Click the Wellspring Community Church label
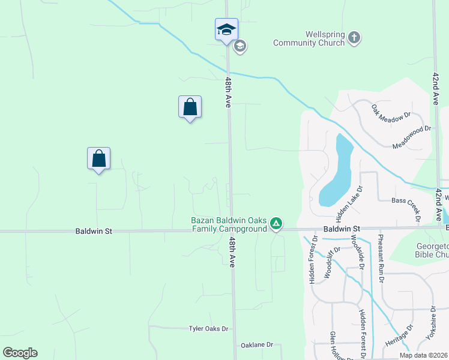309,38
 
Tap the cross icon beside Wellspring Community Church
354,38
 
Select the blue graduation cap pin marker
226,29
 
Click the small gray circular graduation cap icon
240,46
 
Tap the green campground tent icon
276,224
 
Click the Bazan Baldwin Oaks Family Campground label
229,224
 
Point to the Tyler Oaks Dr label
208,329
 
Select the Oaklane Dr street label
257,345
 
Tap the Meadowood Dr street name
412,137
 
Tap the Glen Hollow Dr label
334,346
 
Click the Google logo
20,353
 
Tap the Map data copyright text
423,355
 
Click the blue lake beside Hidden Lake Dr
336,174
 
